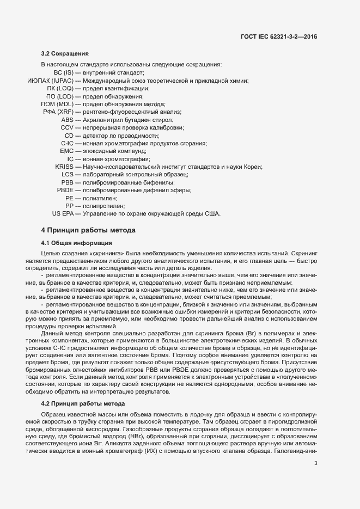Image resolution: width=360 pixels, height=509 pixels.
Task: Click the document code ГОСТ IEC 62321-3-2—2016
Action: (x=278, y=36)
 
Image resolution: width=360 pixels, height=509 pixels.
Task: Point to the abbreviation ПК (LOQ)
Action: (x=60, y=88)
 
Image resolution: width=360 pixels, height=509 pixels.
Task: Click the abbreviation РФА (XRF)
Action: (x=58, y=112)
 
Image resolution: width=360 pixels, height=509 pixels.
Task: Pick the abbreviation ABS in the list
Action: (x=67, y=119)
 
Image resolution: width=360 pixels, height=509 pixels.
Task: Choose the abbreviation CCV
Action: (x=67, y=127)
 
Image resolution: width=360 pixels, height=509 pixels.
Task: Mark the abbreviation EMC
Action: (x=66, y=151)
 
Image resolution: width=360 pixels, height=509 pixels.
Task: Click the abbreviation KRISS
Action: (x=64, y=167)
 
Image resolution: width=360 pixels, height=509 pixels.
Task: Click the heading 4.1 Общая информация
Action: (x=77, y=242)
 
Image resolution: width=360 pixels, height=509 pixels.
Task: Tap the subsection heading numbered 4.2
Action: (x=83, y=403)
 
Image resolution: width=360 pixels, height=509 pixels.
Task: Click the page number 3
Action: (x=315, y=464)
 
